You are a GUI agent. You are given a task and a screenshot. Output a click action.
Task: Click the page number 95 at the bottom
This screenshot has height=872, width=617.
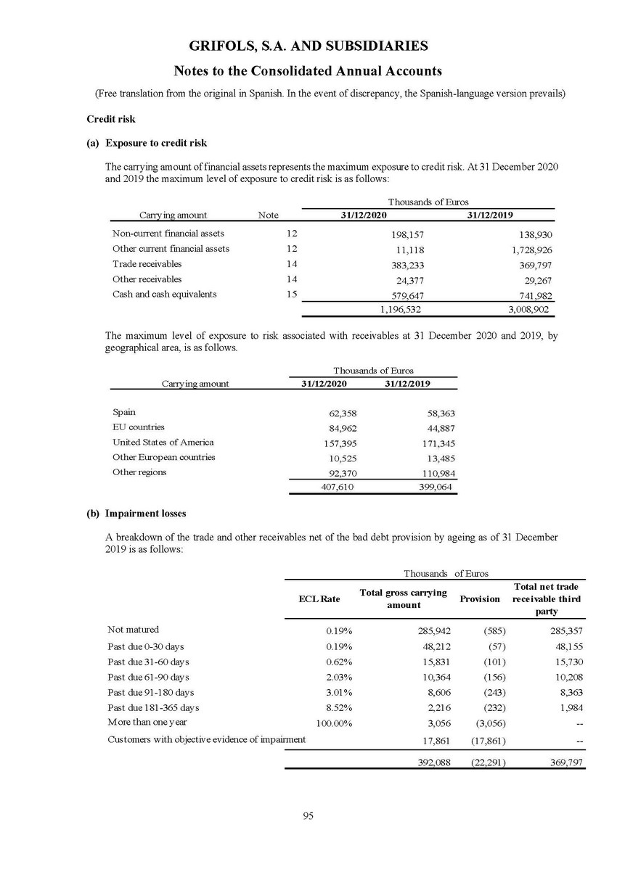(308, 816)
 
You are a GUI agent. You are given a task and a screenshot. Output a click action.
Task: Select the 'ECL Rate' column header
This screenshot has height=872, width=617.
(319, 599)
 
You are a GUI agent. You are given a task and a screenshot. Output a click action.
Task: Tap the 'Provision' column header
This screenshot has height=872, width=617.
(480, 599)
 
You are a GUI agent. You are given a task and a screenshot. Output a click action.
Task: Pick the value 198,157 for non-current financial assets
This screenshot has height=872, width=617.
(406, 235)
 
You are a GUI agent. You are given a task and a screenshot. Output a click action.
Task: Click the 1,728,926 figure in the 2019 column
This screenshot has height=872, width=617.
(529, 250)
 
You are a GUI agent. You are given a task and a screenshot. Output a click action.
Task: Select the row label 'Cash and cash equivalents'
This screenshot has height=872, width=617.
(164, 295)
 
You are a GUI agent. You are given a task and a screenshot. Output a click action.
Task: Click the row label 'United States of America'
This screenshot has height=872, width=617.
(163, 442)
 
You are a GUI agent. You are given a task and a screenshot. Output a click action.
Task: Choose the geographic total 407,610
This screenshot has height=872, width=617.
(338, 488)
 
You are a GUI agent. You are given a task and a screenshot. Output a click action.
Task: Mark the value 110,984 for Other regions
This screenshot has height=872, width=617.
(436, 473)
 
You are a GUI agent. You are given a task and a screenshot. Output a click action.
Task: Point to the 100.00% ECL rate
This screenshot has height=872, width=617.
(333, 723)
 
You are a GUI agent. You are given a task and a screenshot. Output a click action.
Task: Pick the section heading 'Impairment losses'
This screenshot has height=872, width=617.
(145, 514)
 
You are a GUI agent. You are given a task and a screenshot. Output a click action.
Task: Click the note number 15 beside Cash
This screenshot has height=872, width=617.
(293, 295)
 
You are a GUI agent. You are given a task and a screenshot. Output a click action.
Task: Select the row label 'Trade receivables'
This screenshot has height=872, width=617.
(147, 264)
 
